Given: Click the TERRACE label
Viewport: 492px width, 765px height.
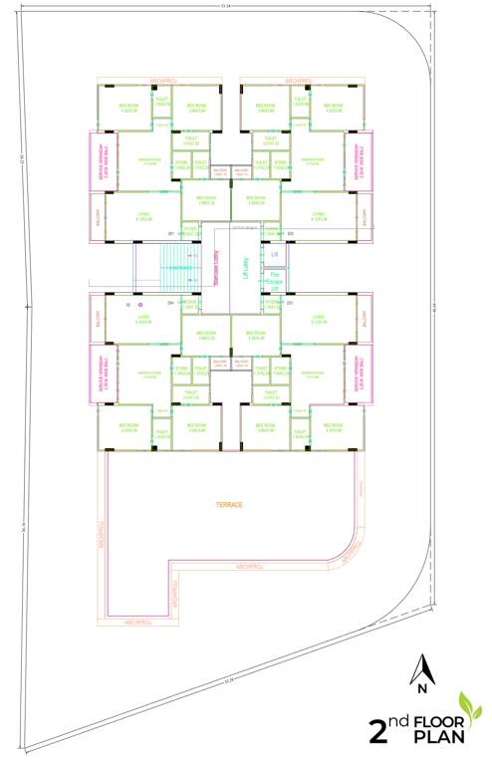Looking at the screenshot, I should tap(230, 505).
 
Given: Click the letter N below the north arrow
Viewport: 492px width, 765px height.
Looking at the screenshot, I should tap(422, 687).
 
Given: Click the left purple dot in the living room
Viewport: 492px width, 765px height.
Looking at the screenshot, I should tap(128, 305).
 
